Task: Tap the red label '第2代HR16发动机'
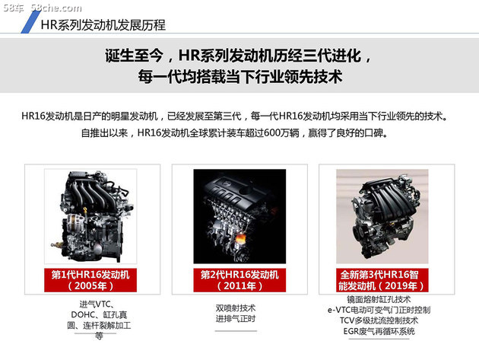point(239,274)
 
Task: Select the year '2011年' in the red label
point(239,286)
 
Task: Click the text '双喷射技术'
point(236,307)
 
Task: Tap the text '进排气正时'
point(236,319)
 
